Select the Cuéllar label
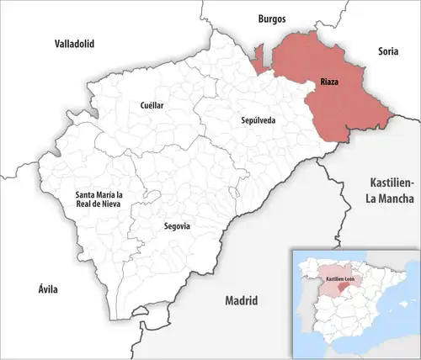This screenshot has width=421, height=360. point(152,105)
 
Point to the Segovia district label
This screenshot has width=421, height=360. point(176,226)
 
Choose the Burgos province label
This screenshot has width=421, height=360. point(271,18)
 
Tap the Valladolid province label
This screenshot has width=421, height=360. point(74,42)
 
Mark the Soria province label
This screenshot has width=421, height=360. point(387,50)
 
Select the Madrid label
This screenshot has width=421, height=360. point(240,300)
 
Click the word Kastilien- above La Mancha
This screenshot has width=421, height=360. point(392,183)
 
